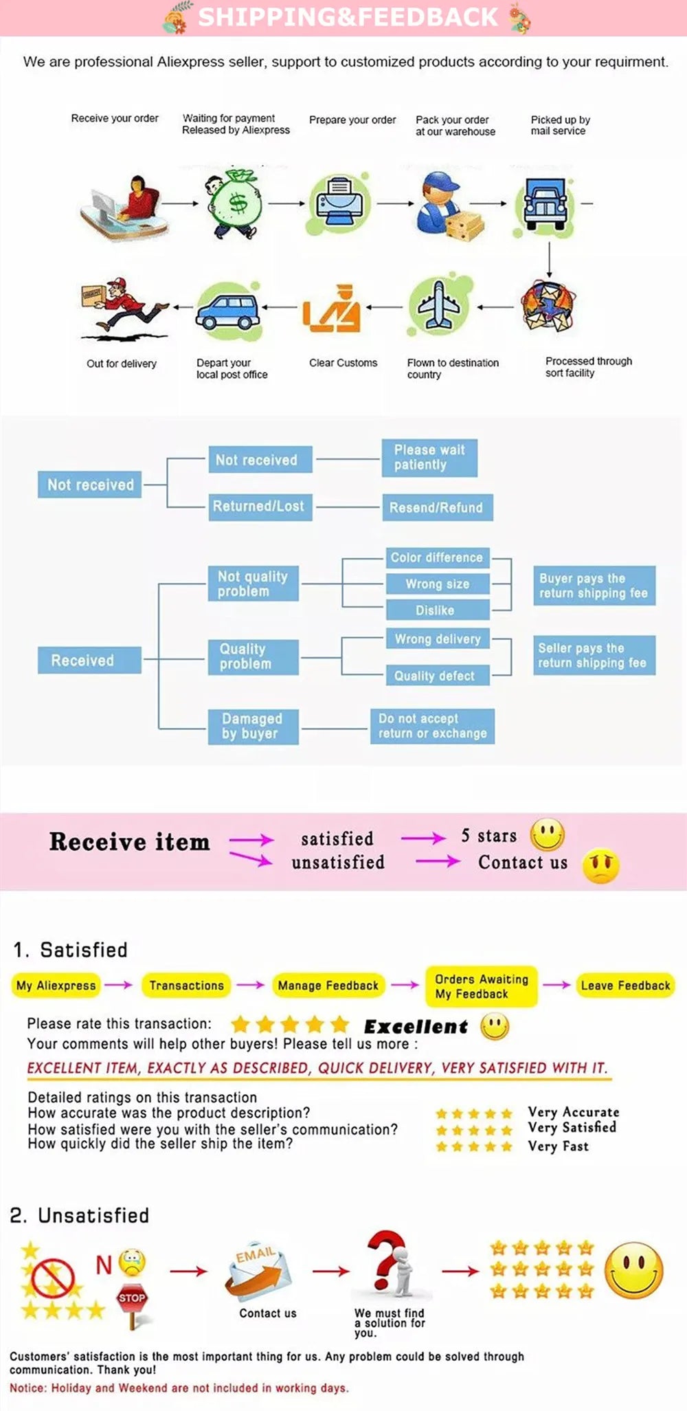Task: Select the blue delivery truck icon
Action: tap(545, 203)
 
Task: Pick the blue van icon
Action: tap(227, 311)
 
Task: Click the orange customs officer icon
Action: tap(332, 309)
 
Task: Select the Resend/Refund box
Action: tap(437, 508)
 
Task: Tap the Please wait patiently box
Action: tap(429, 458)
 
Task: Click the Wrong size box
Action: tap(438, 584)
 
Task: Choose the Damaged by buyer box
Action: tap(253, 726)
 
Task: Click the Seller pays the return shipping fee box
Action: tap(594, 656)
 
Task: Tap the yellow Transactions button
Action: tap(186, 986)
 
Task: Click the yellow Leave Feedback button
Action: tap(625, 986)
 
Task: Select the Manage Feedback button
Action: tap(328, 986)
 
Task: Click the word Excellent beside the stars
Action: tap(416, 1027)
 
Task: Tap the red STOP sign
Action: tap(132, 1298)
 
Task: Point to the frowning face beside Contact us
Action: tap(600, 866)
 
